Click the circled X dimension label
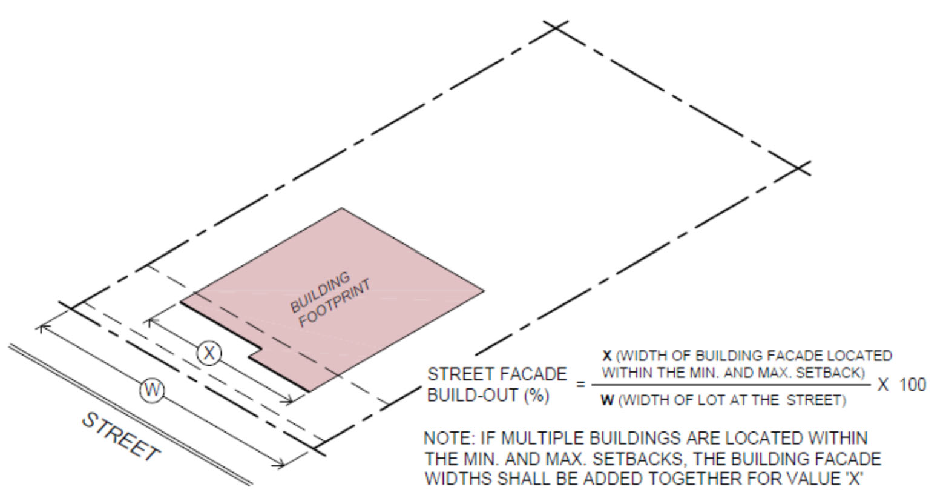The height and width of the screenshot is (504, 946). tap(209, 352)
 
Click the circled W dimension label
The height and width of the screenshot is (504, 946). tap(152, 390)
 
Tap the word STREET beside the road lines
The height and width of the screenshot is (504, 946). tap(122, 436)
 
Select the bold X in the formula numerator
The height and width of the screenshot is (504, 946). tap(607, 356)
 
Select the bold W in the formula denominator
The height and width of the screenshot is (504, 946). tap(607, 400)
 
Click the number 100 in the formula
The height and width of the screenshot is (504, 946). tap(912, 385)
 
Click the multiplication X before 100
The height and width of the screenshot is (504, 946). tap(883, 385)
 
